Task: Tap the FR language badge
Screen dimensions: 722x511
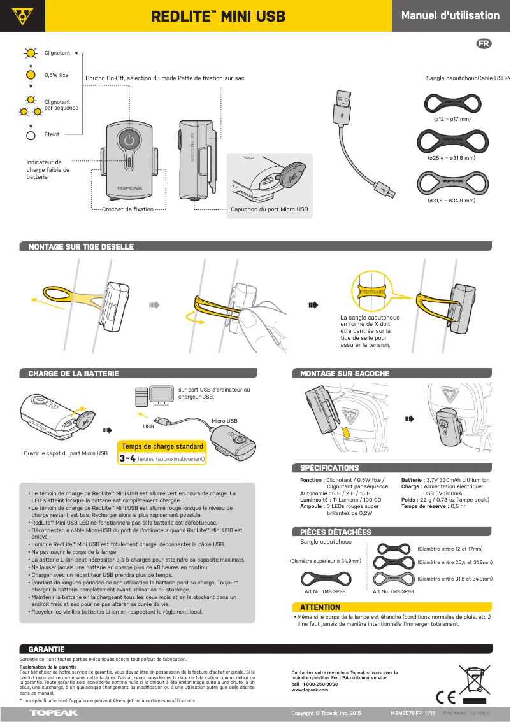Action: [484, 44]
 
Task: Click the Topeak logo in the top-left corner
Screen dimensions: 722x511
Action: [22, 15]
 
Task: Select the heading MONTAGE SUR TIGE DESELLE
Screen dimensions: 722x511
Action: [81, 247]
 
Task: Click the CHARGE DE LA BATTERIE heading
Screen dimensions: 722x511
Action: [73, 374]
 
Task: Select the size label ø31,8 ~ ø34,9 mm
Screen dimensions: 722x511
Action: [452, 201]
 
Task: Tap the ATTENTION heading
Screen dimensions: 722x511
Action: [320, 607]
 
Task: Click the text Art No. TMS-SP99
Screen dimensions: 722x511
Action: [326, 591]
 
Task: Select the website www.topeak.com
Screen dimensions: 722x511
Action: [305, 690]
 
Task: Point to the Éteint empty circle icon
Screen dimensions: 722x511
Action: [30, 135]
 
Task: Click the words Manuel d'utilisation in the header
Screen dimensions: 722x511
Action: [450, 15]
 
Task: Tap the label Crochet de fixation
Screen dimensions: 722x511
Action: [128, 209]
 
